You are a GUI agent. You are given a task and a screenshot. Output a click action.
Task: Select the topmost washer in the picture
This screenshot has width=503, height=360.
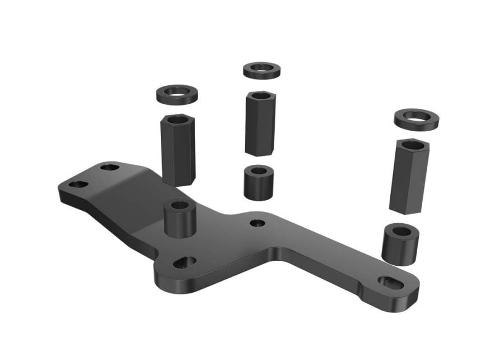tap(261, 70)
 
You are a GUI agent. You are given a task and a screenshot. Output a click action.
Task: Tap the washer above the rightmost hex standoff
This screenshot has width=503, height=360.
tap(416, 120)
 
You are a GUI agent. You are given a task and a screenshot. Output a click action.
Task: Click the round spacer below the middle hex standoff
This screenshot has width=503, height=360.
tap(259, 182)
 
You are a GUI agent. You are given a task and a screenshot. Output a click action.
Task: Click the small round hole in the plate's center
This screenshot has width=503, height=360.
tap(257, 223)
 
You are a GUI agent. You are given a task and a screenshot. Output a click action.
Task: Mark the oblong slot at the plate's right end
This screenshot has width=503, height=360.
tap(390, 282)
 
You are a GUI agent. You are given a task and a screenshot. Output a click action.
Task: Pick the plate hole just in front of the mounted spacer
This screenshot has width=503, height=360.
tap(184, 262)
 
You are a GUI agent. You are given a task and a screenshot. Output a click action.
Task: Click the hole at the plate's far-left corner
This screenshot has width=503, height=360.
tap(78, 184)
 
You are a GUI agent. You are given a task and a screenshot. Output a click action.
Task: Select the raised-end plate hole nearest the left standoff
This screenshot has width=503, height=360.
tap(110, 167)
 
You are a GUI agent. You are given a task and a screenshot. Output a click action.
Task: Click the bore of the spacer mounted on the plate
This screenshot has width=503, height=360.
tap(179, 205)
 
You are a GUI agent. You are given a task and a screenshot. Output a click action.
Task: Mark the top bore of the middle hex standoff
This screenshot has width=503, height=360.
tap(260, 95)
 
